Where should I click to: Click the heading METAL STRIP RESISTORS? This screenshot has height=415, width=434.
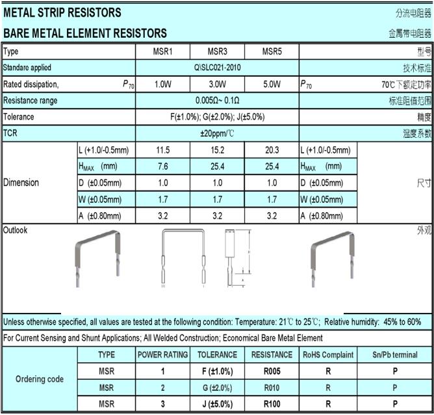pos(62,12)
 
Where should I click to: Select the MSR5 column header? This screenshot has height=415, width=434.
pos(272,51)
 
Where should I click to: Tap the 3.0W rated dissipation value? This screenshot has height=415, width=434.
pos(217,85)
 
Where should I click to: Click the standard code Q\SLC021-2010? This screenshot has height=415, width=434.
pos(217,68)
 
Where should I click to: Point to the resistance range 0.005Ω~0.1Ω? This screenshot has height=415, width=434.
pos(217,101)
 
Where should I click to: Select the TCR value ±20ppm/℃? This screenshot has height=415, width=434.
pos(217,133)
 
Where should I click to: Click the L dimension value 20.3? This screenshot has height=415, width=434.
pos(272,150)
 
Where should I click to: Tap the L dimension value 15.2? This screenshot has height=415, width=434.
pos(217,150)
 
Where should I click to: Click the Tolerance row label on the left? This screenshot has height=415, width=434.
pos(19,117)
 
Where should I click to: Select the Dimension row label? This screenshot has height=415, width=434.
pos(21,183)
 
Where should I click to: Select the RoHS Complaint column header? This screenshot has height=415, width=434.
pos(328,355)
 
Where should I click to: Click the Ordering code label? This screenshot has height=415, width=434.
pos(40,379)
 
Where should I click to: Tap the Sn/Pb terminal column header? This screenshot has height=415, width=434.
pos(395,355)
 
